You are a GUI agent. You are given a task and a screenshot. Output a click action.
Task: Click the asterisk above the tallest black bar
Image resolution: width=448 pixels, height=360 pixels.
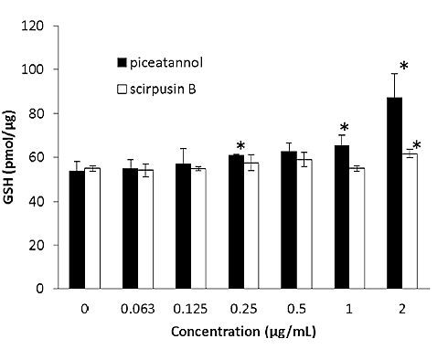[x=403, y=67]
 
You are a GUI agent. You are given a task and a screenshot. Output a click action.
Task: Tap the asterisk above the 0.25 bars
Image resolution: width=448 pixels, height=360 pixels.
[x=241, y=147]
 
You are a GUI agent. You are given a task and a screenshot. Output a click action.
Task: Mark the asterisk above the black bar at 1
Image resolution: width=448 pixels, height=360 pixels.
[x=345, y=129]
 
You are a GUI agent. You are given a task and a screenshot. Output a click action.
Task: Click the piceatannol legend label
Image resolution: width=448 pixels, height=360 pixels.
[x=166, y=62]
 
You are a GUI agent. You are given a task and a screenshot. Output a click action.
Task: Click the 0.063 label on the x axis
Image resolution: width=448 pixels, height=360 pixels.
[x=137, y=309]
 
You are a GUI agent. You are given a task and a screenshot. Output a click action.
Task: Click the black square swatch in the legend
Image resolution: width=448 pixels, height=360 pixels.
[x=122, y=62]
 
